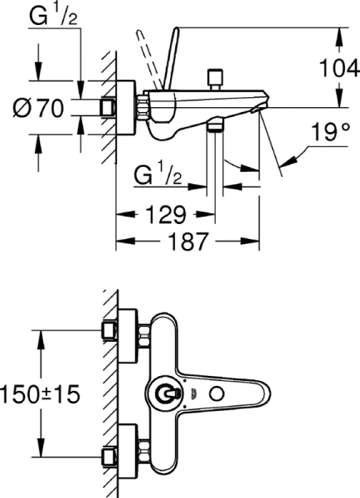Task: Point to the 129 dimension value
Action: pos(161,216)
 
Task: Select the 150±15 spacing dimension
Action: pos(41,393)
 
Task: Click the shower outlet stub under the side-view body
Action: pos(217,125)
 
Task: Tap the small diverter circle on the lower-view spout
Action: pos(221,393)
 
